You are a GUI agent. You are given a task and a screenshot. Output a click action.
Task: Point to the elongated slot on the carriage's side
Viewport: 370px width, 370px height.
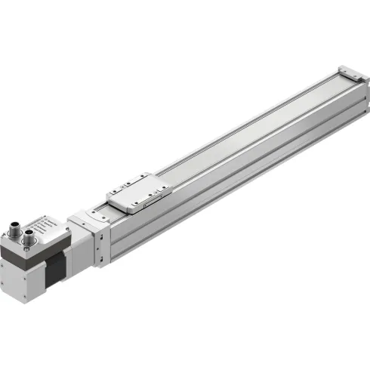[148, 198]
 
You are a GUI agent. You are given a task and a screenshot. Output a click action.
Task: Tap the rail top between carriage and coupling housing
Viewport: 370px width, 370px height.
[106, 209]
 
